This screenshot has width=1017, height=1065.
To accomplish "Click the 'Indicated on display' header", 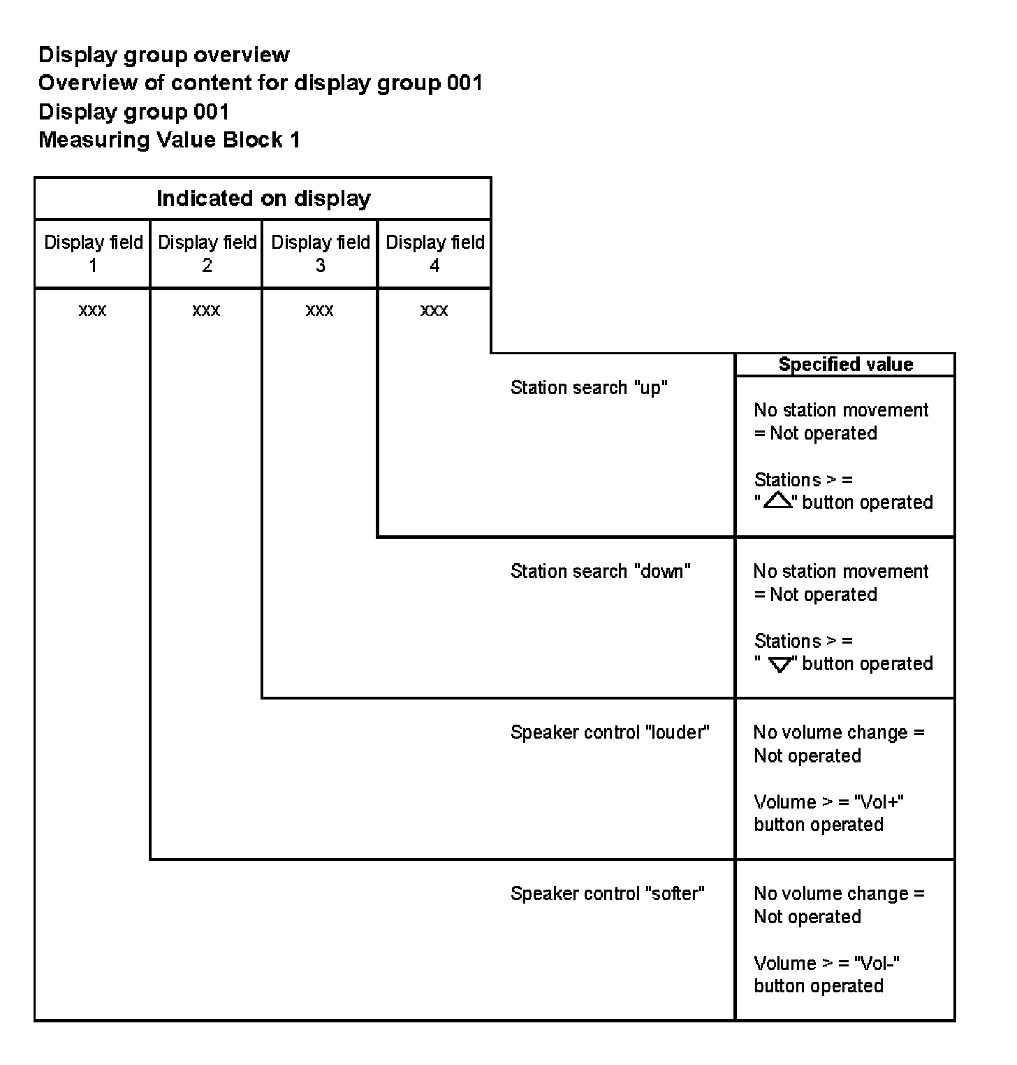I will click(263, 198).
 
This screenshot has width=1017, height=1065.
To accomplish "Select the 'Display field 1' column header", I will click(93, 253).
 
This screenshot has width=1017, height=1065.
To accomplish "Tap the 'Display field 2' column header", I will click(207, 253).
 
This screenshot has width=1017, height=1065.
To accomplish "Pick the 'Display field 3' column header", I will click(320, 253).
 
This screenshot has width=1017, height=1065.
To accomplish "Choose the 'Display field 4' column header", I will click(434, 253).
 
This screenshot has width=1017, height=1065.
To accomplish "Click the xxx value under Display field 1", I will click(92, 310).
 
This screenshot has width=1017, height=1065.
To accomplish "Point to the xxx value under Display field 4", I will click(434, 310).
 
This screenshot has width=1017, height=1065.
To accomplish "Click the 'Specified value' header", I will click(845, 364).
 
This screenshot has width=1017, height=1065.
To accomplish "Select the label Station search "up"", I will click(589, 388).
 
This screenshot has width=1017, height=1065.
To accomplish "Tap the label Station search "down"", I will click(600, 571).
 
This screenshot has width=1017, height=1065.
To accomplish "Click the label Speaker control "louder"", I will click(609, 732).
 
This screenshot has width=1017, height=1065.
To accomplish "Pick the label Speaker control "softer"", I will click(607, 894).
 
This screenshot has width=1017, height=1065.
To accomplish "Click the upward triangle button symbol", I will click(777, 500).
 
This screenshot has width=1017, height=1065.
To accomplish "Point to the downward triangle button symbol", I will click(780, 665).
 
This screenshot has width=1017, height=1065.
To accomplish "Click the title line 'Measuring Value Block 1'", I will click(169, 140).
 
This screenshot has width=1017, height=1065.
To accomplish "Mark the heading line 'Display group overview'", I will click(163, 55).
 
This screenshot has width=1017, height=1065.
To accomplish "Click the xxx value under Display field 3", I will click(319, 310).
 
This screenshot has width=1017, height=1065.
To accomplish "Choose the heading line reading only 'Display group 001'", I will click(133, 112).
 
